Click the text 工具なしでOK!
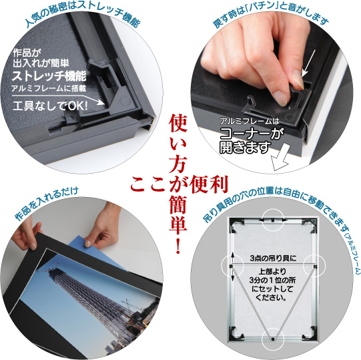click(x=48, y=106)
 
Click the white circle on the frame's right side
click(x=314, y=266)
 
